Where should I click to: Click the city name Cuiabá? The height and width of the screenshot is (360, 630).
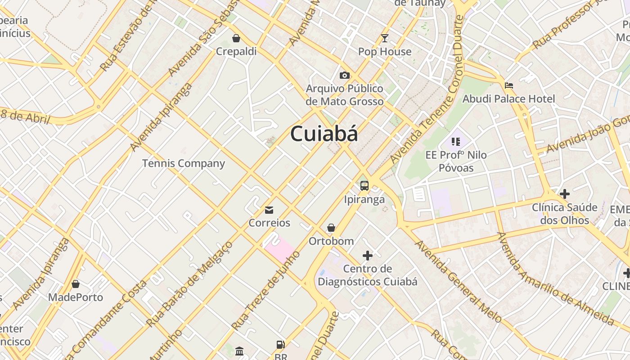click(x=324, y=134)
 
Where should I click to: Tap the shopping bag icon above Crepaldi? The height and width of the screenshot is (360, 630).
click(x=236, y=38)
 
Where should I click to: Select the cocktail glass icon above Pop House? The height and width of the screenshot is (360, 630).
click(x=385, y=38)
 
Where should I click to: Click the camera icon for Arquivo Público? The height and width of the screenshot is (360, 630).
click(x=345, y=75)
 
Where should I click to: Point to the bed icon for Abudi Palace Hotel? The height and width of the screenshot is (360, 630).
click(x=509, y=85)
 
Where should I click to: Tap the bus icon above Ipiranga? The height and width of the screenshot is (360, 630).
click(x=364, y=185)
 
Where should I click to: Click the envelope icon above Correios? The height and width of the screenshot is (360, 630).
click(x=269, y=210)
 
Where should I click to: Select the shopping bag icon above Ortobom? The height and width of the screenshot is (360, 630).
click(x=331, y=228)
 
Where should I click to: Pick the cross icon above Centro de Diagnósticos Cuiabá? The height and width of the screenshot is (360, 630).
click(x=368, y=256)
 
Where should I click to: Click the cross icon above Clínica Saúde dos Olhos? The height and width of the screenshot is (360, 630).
click(x=565, y=194)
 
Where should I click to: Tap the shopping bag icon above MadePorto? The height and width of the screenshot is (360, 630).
click(x=76, y=284)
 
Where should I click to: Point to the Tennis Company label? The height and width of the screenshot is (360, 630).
click(x=184, y=163)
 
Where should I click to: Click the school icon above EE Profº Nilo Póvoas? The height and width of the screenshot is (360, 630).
click(x=456, y=142)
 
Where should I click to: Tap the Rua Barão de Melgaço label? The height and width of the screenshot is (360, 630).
click(x=189, y=284)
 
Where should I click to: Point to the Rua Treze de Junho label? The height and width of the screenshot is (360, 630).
click(x=265, y=290)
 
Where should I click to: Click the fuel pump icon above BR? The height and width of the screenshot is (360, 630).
click(x=280, y=345)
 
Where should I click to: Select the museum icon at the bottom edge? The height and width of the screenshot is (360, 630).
click(x=239, y=351)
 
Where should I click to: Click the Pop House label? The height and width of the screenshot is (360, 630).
click(x=385, y=52)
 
